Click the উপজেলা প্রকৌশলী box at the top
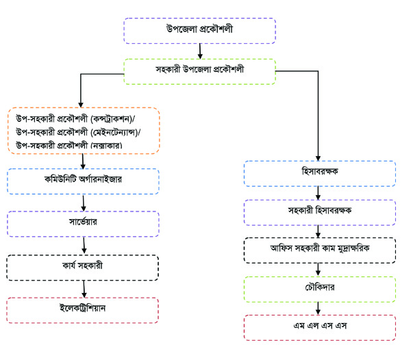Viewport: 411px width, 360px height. pos(199,31)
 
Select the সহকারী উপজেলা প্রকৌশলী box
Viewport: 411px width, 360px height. pos(199,70)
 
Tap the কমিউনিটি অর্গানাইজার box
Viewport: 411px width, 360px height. pos(84,181)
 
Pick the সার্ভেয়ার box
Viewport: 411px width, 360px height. pos(84,223)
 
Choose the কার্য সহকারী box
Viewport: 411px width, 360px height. pos(84,268)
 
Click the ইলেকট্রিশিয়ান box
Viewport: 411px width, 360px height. pos(84,309)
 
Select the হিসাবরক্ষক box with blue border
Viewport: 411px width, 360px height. pos(319,174)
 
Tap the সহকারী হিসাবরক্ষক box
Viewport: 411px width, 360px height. pos(319,213)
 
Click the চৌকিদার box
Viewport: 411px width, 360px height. pos(319,288)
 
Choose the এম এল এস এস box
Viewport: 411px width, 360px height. pos(319,326)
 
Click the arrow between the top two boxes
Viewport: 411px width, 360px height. pos(199,51)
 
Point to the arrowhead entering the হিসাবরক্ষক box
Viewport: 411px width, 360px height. pos(319,157)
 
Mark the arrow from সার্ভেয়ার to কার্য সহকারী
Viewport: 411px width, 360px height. pos(84,246)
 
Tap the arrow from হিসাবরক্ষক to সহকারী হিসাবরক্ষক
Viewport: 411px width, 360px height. pos(319,194)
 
